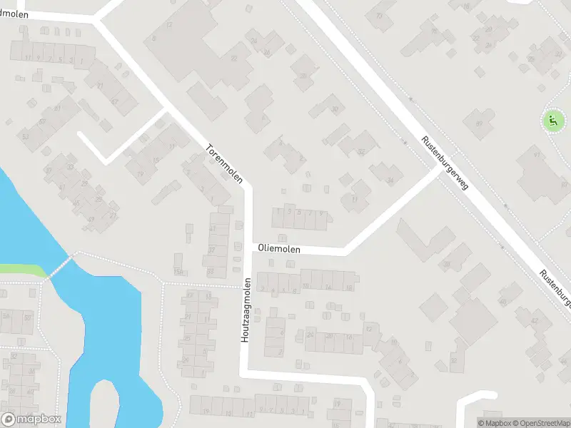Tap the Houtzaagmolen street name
[244, 310]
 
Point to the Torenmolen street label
[225, 164]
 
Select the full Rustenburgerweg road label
[444, 163]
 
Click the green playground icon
[552, 121]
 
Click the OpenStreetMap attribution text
[537, 423]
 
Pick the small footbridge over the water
[61, 267]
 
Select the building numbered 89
[479, 124]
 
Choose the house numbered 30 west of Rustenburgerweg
[334, 109]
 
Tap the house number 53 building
[26, 136]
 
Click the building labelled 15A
[178, 272]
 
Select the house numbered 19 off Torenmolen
[141, 173]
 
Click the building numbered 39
[447, 265]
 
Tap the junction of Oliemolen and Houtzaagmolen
[248, 249]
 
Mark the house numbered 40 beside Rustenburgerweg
[502, 301]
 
